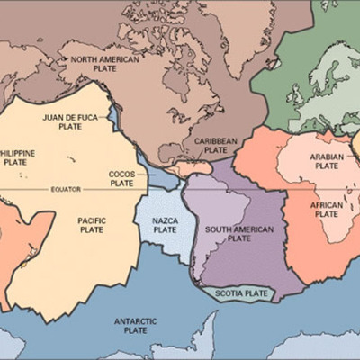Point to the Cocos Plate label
tap(121, 178)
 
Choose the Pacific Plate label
tap(92, 224)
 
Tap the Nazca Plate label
tap(165, 225)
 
